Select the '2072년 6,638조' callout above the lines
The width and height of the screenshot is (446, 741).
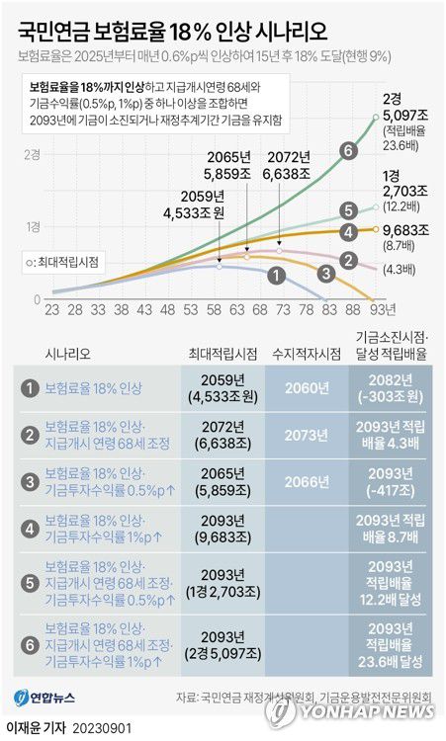[x=287, y=167]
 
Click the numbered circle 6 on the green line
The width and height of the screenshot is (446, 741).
[x=347, y=151]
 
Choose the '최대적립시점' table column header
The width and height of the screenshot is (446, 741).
[x=223, y=352]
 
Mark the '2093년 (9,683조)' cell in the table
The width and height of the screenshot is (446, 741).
[x=223, y=531]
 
